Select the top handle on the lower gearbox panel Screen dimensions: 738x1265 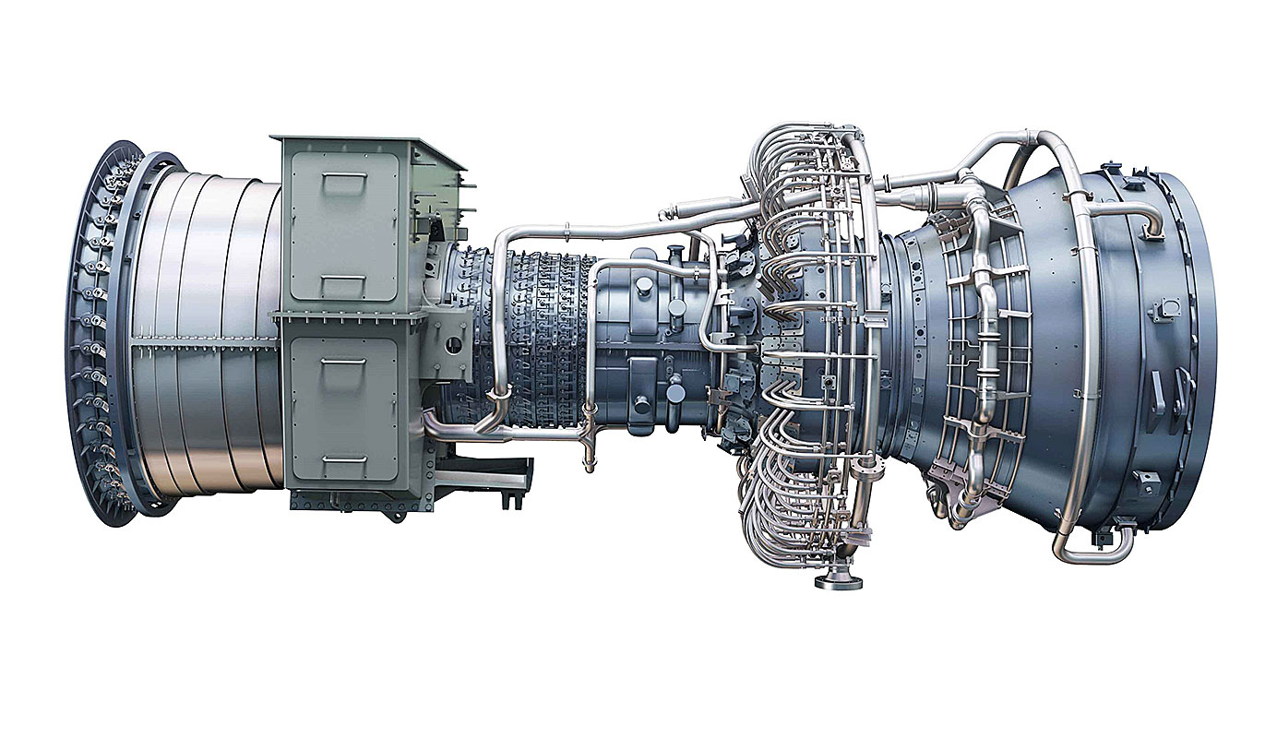[342, 360]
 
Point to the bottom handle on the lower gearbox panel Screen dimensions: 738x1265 [342, 458]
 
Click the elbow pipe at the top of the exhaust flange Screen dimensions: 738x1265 [1149, 220]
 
